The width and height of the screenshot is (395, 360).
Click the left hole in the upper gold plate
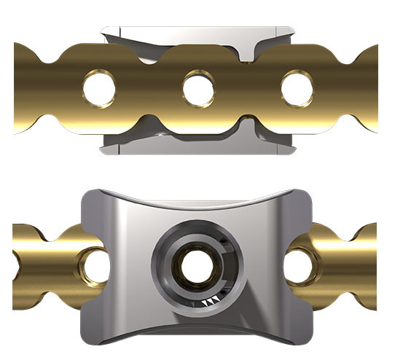[x=99, y=89]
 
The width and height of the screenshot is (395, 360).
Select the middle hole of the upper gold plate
[x=198, y=89]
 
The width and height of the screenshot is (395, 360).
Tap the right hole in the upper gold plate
[x=297, y=88]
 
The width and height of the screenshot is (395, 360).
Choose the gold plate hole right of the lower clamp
[x=299, y=265]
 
